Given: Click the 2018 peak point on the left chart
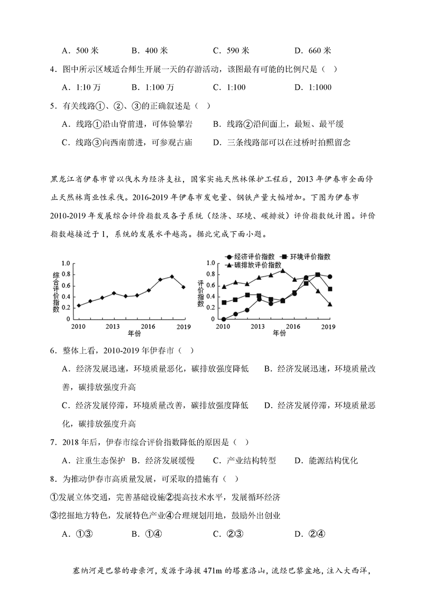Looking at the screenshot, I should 172,276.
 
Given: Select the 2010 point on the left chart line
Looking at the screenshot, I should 79,305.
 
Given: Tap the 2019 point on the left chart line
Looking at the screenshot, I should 183,287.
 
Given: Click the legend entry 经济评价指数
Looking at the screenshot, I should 251,256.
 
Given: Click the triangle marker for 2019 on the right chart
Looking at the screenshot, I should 329,304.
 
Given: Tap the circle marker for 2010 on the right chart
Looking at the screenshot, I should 224,319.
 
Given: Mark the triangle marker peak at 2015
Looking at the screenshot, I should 282,271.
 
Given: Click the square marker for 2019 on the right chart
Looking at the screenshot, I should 329,289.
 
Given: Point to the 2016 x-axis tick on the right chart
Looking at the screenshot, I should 293,326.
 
